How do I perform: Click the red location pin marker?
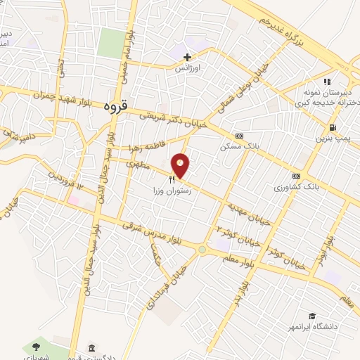tap(181, 165)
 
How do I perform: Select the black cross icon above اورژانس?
tap(187, 56)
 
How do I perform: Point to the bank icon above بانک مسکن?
tap(239, 135)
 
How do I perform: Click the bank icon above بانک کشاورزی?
tap(296, 176)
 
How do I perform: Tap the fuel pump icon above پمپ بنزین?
tap(331, 127)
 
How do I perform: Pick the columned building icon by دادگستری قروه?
tap(92, 349)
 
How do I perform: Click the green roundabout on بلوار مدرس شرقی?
tap(202, 249)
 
